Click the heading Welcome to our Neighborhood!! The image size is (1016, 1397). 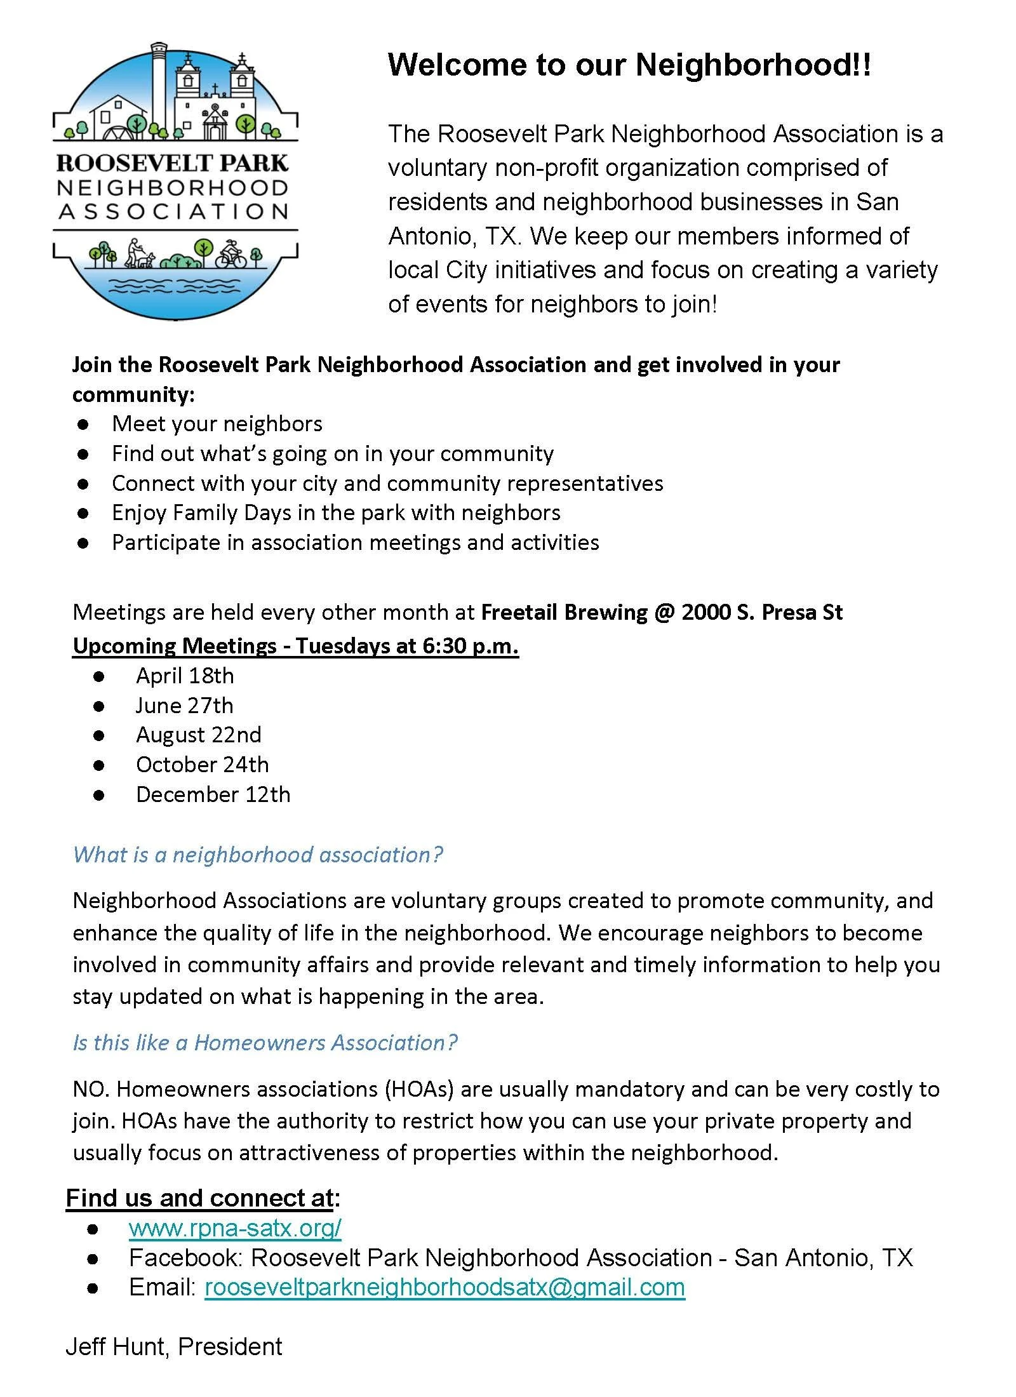point(629,65)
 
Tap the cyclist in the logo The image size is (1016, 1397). point(231,254)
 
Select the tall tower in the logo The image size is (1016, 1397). point(159,89)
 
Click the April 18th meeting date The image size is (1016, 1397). point(185,676)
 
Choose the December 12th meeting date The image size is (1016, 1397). point(213,794)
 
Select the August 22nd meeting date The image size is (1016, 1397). point(198,735)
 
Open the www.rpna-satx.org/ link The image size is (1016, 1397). point(235,1228)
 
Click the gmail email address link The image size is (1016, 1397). point(444,1287)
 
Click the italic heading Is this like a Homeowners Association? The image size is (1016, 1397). point(265,1043)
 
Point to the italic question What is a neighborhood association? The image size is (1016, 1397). point(258,855)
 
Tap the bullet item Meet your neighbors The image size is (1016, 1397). point(217,424)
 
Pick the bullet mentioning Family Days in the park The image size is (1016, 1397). point(336,512)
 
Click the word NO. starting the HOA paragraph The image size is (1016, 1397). point(91,1089)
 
